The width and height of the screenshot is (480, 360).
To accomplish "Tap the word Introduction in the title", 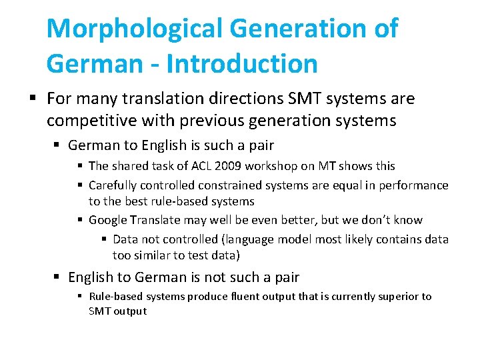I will [x=242, y=64].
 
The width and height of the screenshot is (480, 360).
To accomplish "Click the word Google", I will [x=108, y=220].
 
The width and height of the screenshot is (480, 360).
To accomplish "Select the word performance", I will [x=414, y=185].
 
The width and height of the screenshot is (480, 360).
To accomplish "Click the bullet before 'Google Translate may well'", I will [x=80, y=220].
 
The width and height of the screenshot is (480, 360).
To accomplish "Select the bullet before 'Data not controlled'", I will [x=105, y=239].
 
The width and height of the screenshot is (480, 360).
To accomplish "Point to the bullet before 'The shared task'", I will [x=80, y=166].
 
